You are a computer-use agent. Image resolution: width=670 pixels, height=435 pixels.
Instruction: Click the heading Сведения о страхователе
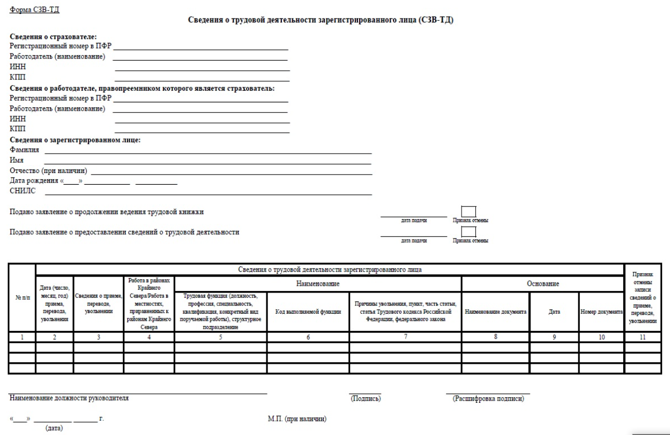pos(53,37)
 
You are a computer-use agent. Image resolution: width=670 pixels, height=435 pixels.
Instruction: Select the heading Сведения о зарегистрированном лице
pos(76,140)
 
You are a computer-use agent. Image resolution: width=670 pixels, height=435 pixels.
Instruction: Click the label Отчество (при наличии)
pos(49,170)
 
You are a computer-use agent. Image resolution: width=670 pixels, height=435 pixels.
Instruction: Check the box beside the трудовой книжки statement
pos(469,211)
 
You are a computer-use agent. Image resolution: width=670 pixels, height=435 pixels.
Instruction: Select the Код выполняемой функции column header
pos(308,312)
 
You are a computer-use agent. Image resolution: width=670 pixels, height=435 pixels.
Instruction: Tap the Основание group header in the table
pos(542,284)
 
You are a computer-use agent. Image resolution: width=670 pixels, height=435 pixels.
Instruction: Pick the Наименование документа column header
pos(495,312)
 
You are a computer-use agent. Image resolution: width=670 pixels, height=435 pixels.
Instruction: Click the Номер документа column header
pos(600,312)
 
